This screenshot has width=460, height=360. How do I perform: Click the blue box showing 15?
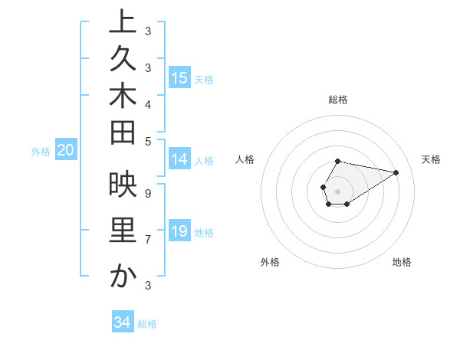tap(179, 77)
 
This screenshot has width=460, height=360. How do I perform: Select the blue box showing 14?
tap(179, 159)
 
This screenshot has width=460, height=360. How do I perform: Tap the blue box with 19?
tap(179, 231)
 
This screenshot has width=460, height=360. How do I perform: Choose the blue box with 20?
tap(65, 151)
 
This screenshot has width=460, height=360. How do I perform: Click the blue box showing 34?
tap(123, 322)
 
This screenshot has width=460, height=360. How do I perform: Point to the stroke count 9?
tap(147, 194)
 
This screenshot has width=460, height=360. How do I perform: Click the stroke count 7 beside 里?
tap(147, 240)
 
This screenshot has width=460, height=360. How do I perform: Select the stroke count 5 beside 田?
tap(147, 141)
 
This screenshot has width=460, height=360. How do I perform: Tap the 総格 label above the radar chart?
tap(338, 100)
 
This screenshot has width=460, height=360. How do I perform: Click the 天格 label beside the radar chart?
tap(431, 159)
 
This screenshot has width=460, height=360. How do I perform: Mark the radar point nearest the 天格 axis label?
tap(396, 172)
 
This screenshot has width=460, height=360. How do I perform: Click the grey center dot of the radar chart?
tap(337, 190)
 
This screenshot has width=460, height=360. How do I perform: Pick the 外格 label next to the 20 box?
tap(41, 152)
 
